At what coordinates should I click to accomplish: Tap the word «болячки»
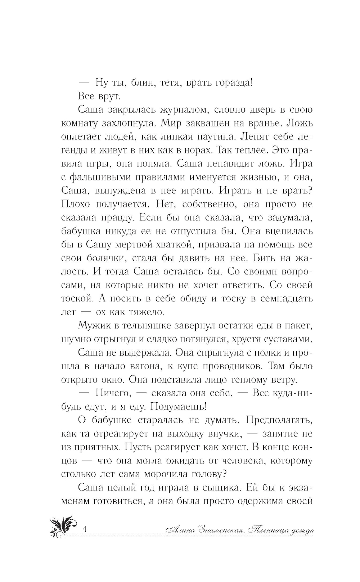(104, 258)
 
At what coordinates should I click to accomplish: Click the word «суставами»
(285, 339)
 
